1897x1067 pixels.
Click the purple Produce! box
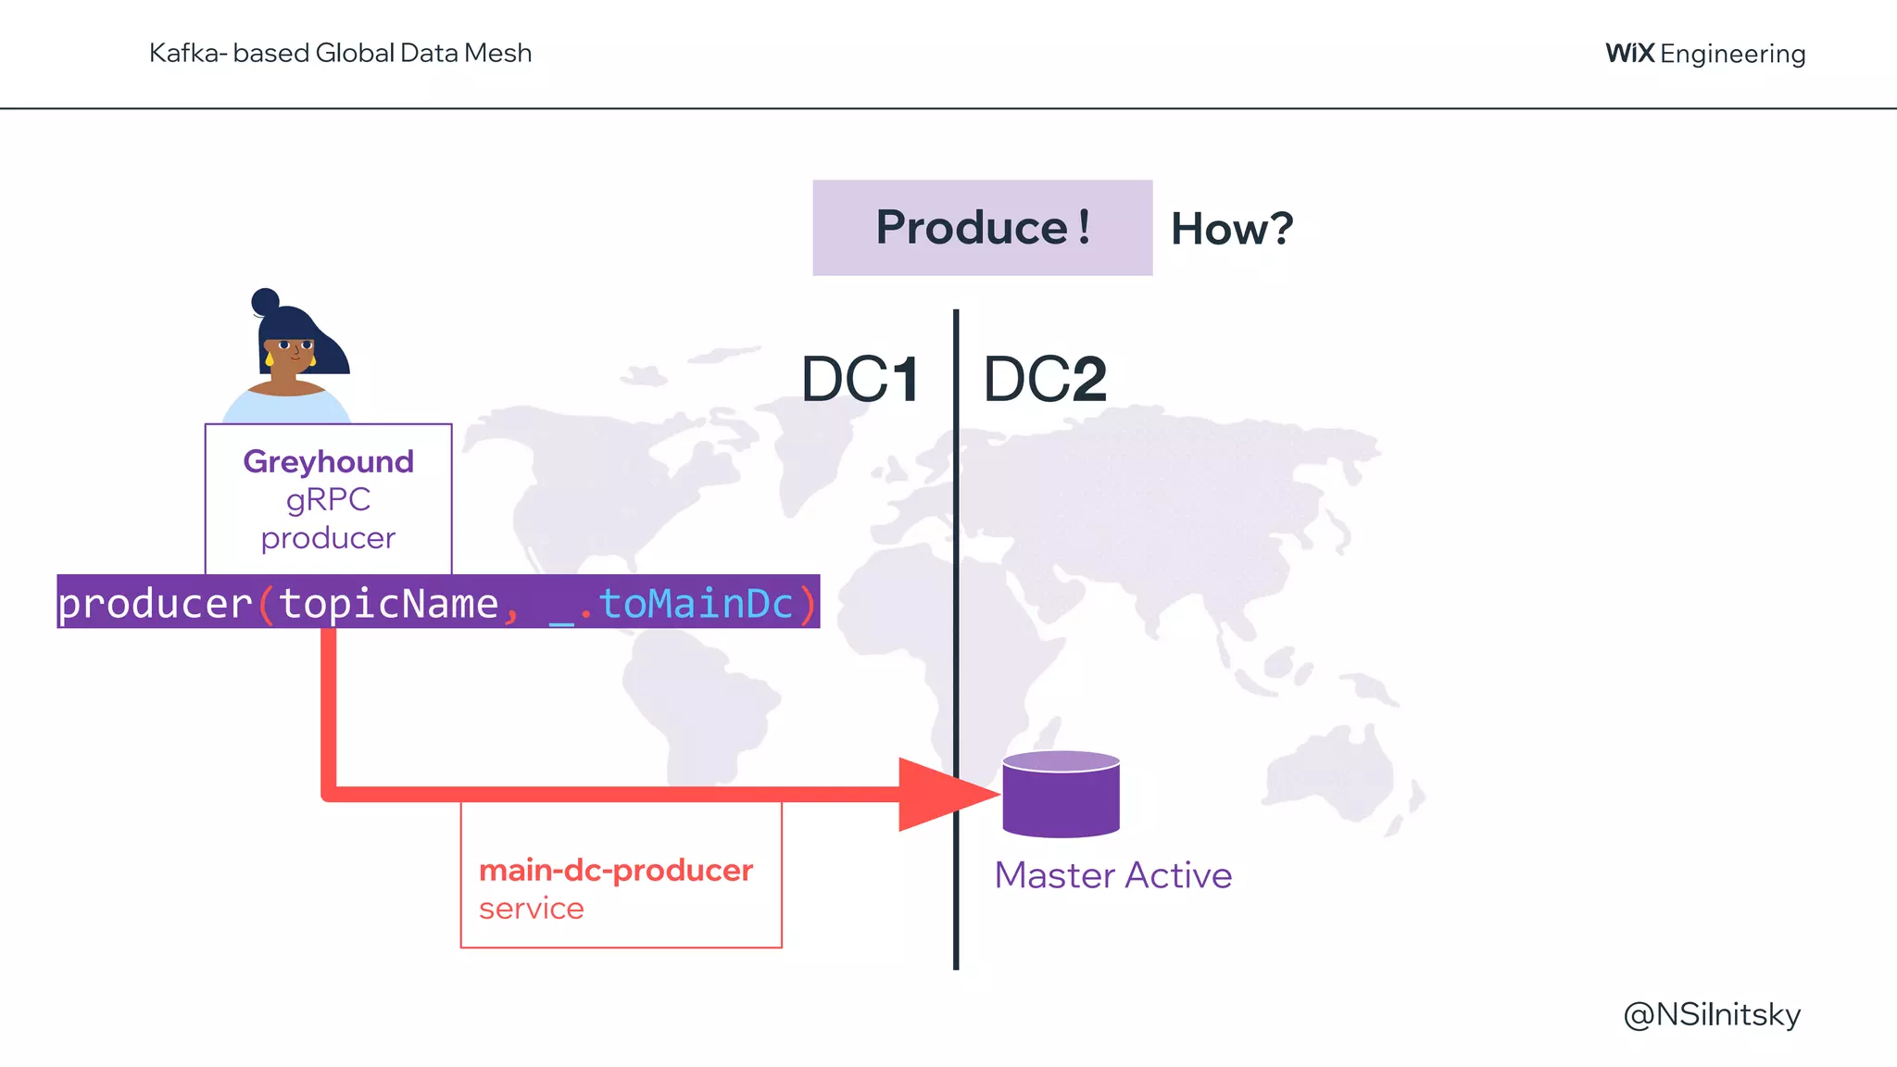(x=982, y=228)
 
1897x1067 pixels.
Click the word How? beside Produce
(x=1231, y=229)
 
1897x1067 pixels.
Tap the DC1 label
(x=860, y=379)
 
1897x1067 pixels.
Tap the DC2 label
(x=1045, y=379)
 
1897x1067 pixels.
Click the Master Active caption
(x=1112, y=875)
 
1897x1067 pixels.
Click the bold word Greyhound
(x=328, y=461)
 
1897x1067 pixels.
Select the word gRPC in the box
(x=328, y=500)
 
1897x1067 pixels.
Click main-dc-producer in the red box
(x=616, y=871)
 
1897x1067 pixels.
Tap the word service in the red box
(x=531, y=909)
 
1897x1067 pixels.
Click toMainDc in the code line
(x=696, y=604)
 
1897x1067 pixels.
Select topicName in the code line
(x=388, y=604)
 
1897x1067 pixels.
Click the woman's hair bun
(x=265, y=301)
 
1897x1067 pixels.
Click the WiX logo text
(x=1629, y=53)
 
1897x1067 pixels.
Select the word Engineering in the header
(x=1732, y=54)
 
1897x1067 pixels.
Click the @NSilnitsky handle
(x=1712, y=1014)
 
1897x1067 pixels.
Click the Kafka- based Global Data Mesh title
(x=340, y=53)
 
